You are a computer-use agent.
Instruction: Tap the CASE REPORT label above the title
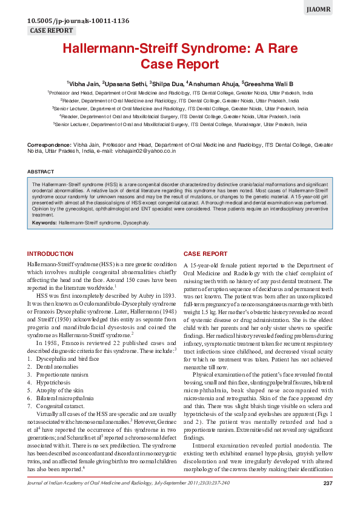pos(52,30)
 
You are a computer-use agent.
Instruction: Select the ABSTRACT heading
pos(41,172)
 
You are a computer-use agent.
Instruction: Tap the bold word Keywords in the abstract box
pos(44,223)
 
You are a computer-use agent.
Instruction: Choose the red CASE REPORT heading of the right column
pos(205,253)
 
